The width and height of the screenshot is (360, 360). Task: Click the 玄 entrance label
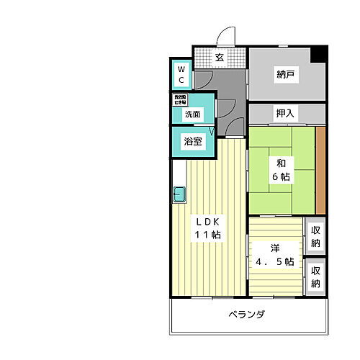tap(220, 58)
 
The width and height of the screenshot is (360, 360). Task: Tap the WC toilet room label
tap(181, 73)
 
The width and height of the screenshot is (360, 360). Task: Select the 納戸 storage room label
tap(286, 75)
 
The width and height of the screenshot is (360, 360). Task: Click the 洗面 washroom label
tap(192, 114)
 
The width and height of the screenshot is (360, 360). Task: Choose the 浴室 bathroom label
tap(192, 141)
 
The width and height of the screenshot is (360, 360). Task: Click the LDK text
tap(209, 221)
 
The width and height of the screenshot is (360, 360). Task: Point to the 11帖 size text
tap(209, 235)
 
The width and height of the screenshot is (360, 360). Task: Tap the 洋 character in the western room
tap(275, 248)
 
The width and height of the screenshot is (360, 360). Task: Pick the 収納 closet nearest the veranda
tap(315, 276)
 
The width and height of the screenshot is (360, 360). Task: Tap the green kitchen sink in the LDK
tap(179, 194)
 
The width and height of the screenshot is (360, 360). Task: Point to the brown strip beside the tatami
tap(321, 168)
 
